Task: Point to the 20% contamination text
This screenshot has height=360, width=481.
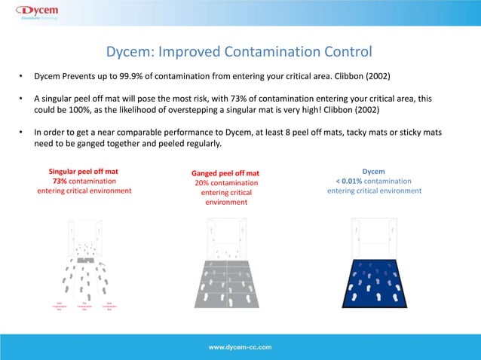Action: point(226,183)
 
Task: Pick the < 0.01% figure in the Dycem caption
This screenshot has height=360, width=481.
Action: point(348,181)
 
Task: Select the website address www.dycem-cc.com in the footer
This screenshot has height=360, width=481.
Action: point(240,347)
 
